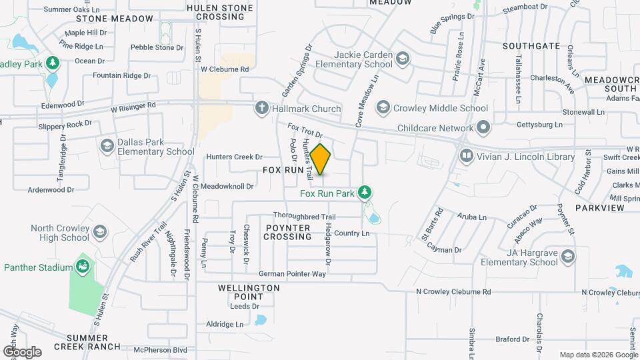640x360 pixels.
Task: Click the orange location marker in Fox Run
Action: click(x=321, y=159)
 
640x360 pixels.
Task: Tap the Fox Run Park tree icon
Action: click(x=364, y=193)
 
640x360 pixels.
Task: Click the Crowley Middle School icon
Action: click(x=383, y=108)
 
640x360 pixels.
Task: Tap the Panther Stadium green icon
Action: click(x=83, y=267)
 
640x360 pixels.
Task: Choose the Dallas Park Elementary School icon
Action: click(x=107, y=146)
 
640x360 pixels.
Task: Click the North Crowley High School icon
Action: click(x=99, y=232)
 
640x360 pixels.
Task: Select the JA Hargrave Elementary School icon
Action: click(x=567, y=257)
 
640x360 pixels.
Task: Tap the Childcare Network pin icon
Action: click(x=483, y=127)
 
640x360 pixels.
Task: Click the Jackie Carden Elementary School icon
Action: click(x=403, y=59)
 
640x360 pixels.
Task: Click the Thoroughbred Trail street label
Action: click(x=304, y=217)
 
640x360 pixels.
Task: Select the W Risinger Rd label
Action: click(x=133, y=105)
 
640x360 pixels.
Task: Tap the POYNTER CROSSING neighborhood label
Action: click(x=288, y=232)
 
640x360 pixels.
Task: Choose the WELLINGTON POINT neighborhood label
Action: click(x=249, y=292)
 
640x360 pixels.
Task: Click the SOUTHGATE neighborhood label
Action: click(x=531, y=46)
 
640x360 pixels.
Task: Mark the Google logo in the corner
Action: click(x=22, y=351)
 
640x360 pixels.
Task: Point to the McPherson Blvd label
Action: click(x=160, y=349)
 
